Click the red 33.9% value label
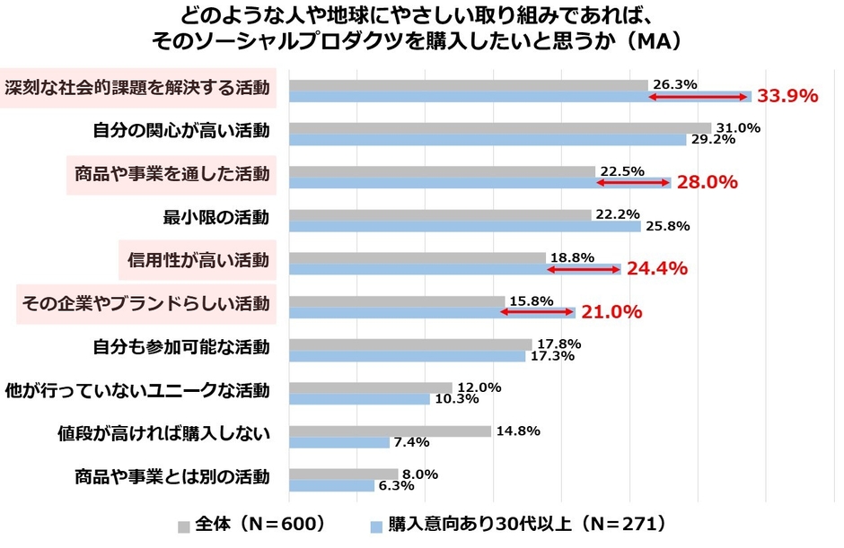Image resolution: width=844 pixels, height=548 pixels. point(787,96)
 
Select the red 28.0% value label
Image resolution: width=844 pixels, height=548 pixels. point(707,182)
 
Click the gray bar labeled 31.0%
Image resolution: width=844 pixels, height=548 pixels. point(500,128)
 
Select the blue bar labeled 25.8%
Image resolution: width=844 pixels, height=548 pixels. point(464,226)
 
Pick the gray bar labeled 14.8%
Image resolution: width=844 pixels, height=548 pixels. point(390,431)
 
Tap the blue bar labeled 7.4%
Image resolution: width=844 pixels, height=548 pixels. point(339,442)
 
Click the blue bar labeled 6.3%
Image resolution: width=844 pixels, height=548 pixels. point(331,485)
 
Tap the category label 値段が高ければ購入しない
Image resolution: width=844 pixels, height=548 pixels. point(163,433)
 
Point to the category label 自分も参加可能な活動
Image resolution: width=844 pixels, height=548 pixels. point(181,346)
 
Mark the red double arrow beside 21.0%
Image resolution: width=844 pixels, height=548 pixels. point(537,312)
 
